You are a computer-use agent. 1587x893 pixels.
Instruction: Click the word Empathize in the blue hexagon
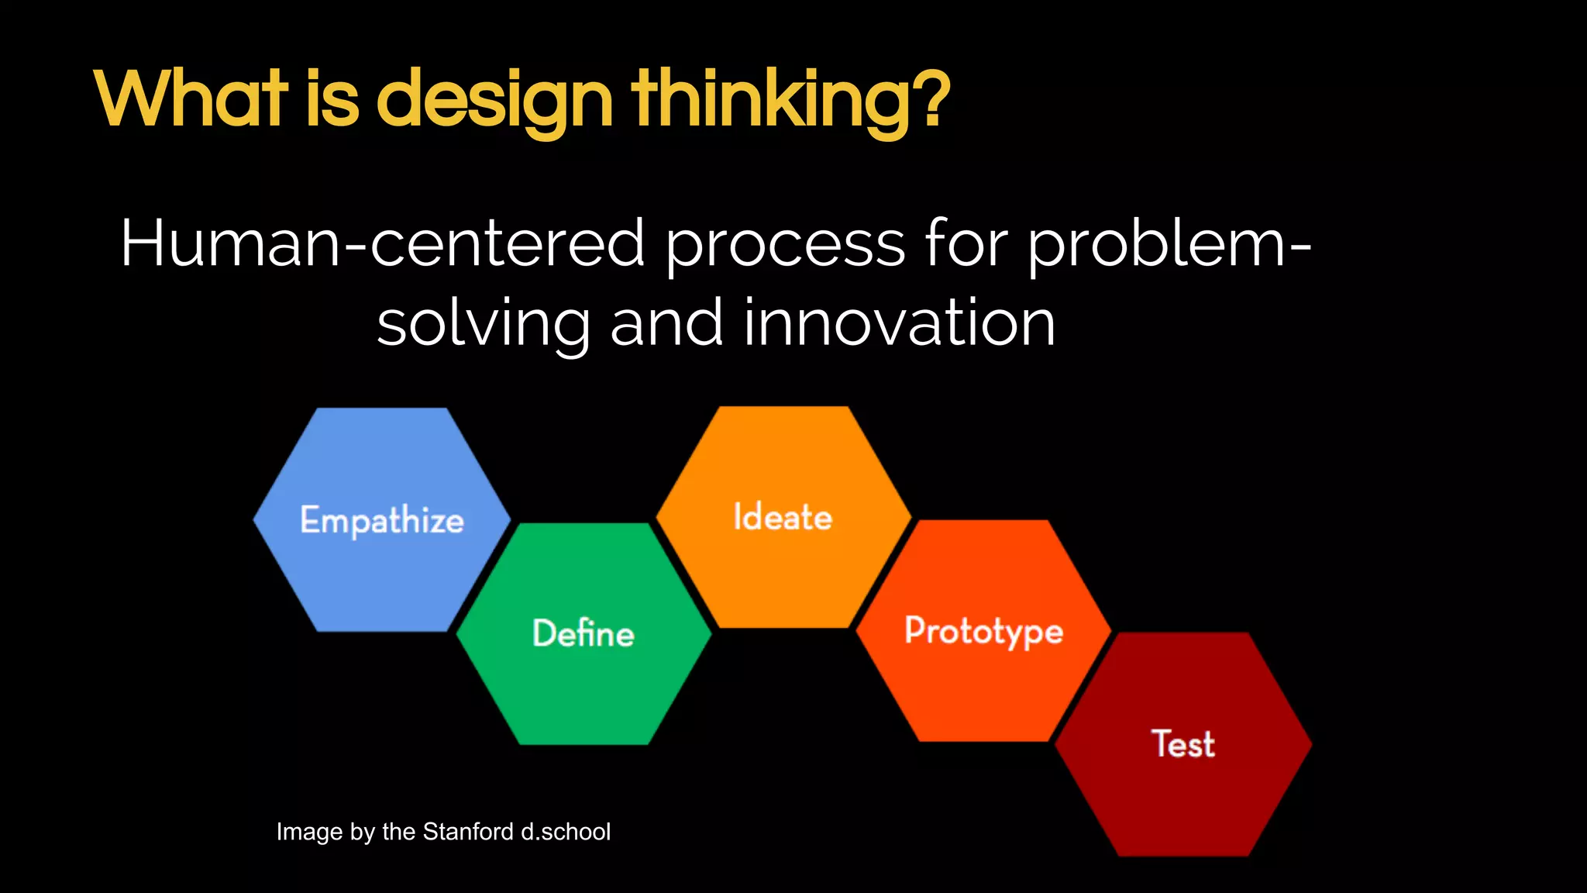[x=382, y=520]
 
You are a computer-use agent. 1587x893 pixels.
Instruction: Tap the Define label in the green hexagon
[x=584, y=633]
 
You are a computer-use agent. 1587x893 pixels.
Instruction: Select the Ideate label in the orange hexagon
[x=783, y=517]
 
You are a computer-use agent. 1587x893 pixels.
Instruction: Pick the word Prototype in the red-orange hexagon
[x=984, y=631]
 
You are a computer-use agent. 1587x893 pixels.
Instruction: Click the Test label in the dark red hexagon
[x=1183, y=744]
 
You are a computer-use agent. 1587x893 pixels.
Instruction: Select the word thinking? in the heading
[x=791, y=101]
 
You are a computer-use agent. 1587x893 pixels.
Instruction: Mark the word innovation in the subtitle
[x=899, y=323]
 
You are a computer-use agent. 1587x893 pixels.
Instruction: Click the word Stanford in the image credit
[x=468, y=832]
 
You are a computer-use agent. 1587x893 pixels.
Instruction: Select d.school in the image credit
[x=566, y=832]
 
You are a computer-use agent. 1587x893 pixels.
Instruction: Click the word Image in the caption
[x=310, y=833]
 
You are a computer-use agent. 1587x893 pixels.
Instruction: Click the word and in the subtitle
[x=666, y=323]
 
